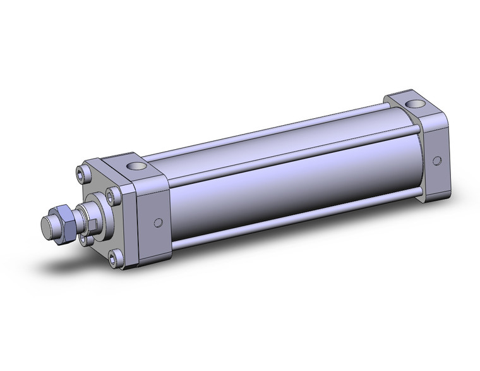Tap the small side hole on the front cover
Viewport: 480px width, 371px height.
(158, 222)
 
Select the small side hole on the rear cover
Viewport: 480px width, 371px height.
(435, 161)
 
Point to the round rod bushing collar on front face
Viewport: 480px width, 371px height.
(96, 218)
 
